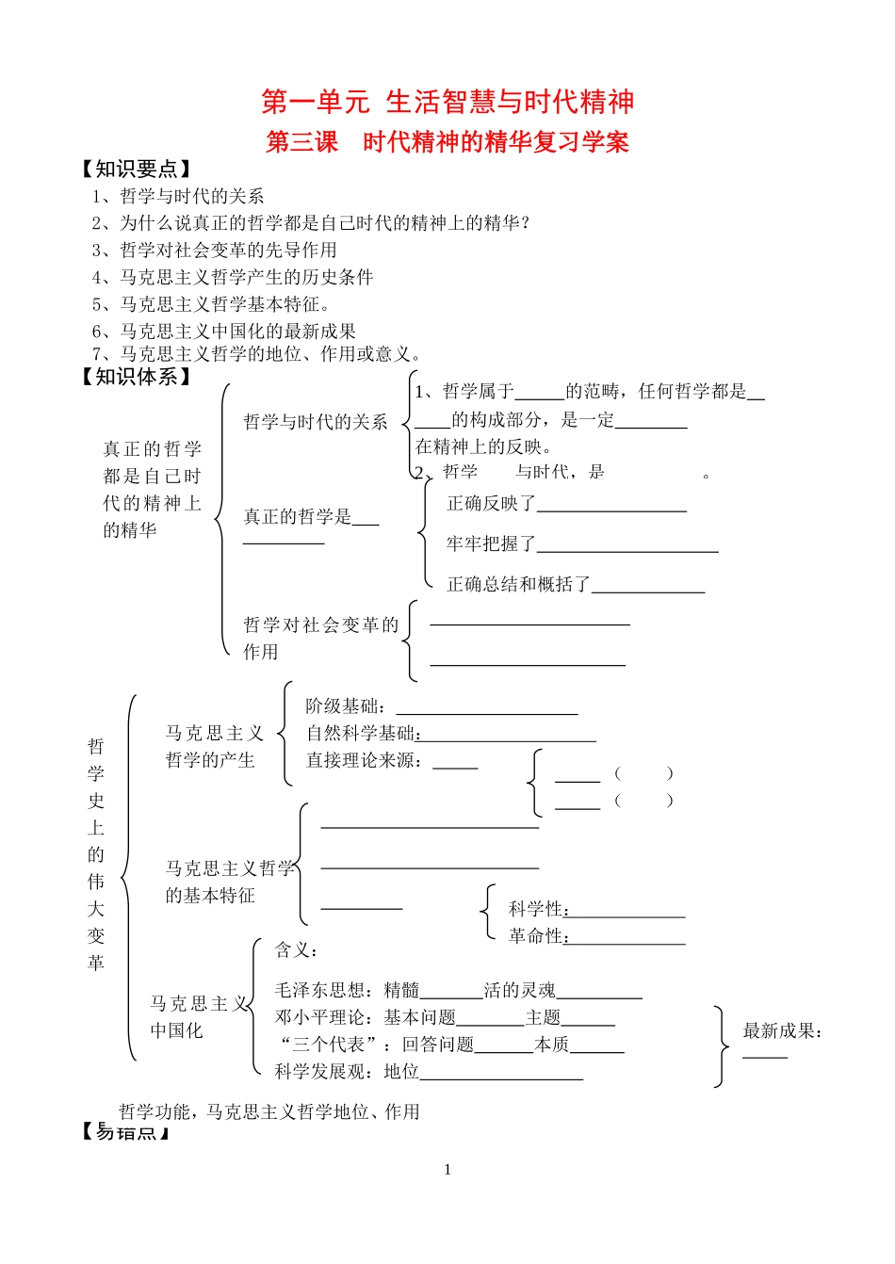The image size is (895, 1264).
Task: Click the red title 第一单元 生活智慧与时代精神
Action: click(447, 102)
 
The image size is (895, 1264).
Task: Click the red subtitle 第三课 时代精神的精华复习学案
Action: click(447, 142)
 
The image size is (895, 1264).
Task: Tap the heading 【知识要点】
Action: click(137, 170)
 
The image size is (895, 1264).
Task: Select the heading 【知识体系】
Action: click(137, 377)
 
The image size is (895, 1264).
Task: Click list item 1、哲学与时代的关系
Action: click(178, 196)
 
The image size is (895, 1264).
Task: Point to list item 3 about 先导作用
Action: click(214, 250)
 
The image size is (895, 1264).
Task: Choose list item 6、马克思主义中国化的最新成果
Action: click(223, 331)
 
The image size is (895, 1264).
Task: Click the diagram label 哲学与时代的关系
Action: click(316, 422)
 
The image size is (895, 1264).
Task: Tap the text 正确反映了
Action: click(491, 504)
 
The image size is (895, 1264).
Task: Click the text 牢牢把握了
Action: click(491, 544)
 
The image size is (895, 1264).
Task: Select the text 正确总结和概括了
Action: click(518, 585)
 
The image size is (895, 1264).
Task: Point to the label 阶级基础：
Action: click(345, 706)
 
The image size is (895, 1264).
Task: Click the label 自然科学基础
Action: click(361, 733)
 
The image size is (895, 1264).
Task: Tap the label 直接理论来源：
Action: click(365, 760)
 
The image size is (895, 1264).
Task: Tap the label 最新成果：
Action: click(782, 1031)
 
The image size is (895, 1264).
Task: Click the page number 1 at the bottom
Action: click(447, 1170)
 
